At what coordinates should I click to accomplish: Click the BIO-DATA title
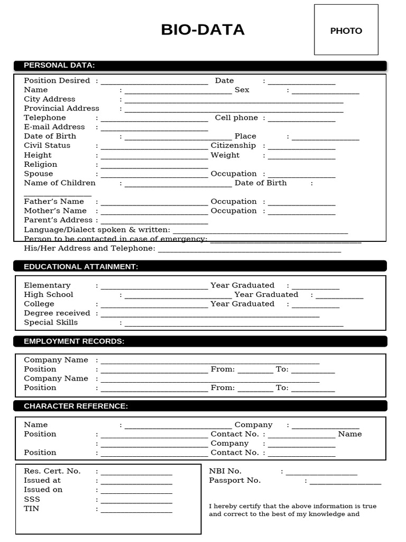(x=202, y=30)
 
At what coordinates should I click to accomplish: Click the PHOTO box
(x=346, y=30)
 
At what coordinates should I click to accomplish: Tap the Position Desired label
(x=57, y=80)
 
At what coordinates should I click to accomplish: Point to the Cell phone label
(x=236, y=118)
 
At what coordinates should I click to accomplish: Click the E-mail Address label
(x=54, y=127)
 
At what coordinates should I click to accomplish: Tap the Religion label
(x=40, y=164)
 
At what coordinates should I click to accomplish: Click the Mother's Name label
(x=55, y=211)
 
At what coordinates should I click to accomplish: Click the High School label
(x=48, y=294)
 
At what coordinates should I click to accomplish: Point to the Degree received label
(x=57, y=313)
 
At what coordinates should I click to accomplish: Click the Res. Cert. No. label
(x=52, y=471)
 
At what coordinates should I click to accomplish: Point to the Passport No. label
(x=234, y=481)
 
